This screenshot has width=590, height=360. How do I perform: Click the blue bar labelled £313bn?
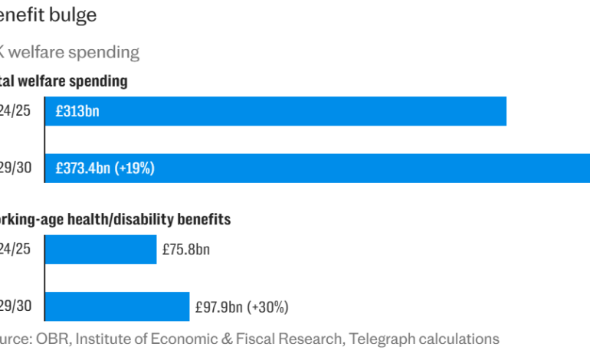tap(306, 111)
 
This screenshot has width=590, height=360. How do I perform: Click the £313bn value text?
tap(77, 112)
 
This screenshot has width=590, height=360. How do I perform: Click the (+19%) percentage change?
tap(134, 169)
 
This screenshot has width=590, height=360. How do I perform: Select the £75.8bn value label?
tap(186, 250)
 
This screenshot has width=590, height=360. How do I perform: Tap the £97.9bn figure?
tap(219, 307)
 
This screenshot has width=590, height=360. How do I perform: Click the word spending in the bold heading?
tap(97, 80)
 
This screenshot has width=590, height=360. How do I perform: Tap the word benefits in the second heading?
tap(204, 220)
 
